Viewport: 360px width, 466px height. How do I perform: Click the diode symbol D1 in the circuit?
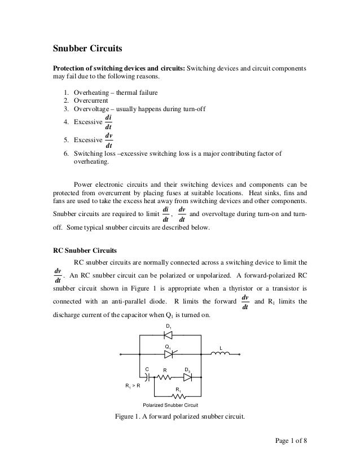click(168, 335)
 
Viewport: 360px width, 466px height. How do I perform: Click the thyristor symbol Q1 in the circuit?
click(168, 355)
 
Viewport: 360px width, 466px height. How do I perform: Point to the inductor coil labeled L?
click(221, 355)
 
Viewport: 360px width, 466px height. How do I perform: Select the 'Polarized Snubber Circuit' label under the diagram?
click(169, 405)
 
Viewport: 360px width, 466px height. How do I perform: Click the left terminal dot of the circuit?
click(122, 355)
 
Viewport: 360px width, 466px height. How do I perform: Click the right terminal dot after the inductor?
click(240, 355)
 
